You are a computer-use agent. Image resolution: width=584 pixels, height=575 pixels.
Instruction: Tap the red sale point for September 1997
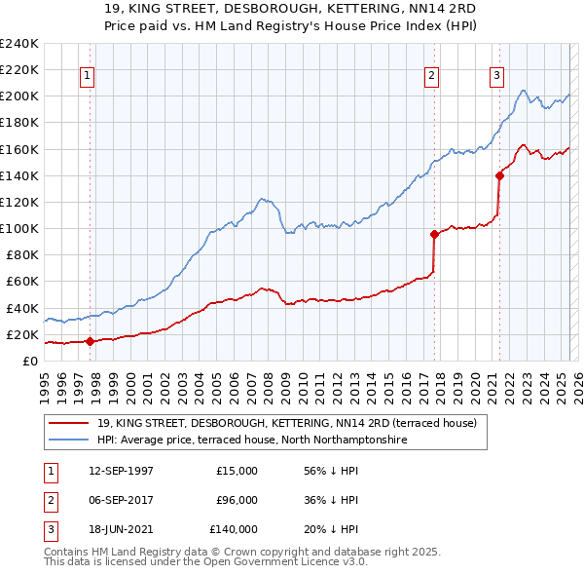coord(90,341)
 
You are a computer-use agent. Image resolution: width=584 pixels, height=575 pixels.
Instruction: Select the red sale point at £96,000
coord(434,234)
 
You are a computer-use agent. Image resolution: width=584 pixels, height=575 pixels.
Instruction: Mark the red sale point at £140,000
coord(499,175)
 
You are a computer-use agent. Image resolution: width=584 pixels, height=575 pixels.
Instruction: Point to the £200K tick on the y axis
coord(21,96)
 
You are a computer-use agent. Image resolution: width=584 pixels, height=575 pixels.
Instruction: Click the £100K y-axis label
coord(21,228)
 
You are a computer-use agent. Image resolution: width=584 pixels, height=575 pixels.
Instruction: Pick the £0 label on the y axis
coord(29,361)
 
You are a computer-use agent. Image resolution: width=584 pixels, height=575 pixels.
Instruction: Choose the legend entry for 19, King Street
coord(286,423)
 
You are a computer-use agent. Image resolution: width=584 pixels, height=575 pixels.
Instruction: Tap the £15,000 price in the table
coord(237,471)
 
